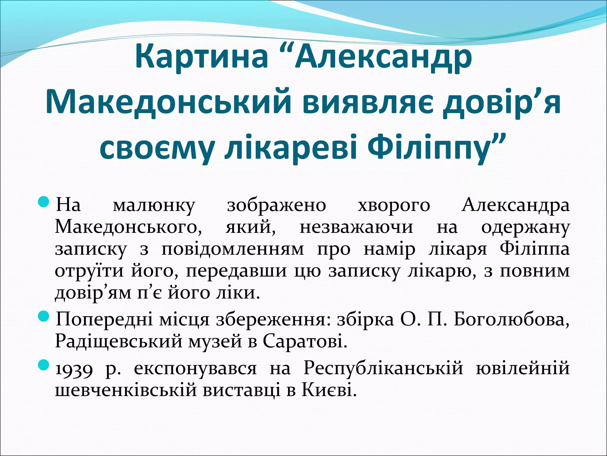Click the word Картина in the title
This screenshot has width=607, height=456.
point(201,56)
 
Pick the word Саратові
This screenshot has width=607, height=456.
point(305,342)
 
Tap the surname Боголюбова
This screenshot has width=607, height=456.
point(511,319)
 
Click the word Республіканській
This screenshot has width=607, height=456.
point(383,368)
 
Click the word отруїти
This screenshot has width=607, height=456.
point(89,271)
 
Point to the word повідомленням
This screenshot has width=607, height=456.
point(233,249)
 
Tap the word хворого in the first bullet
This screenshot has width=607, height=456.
point(394,206)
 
